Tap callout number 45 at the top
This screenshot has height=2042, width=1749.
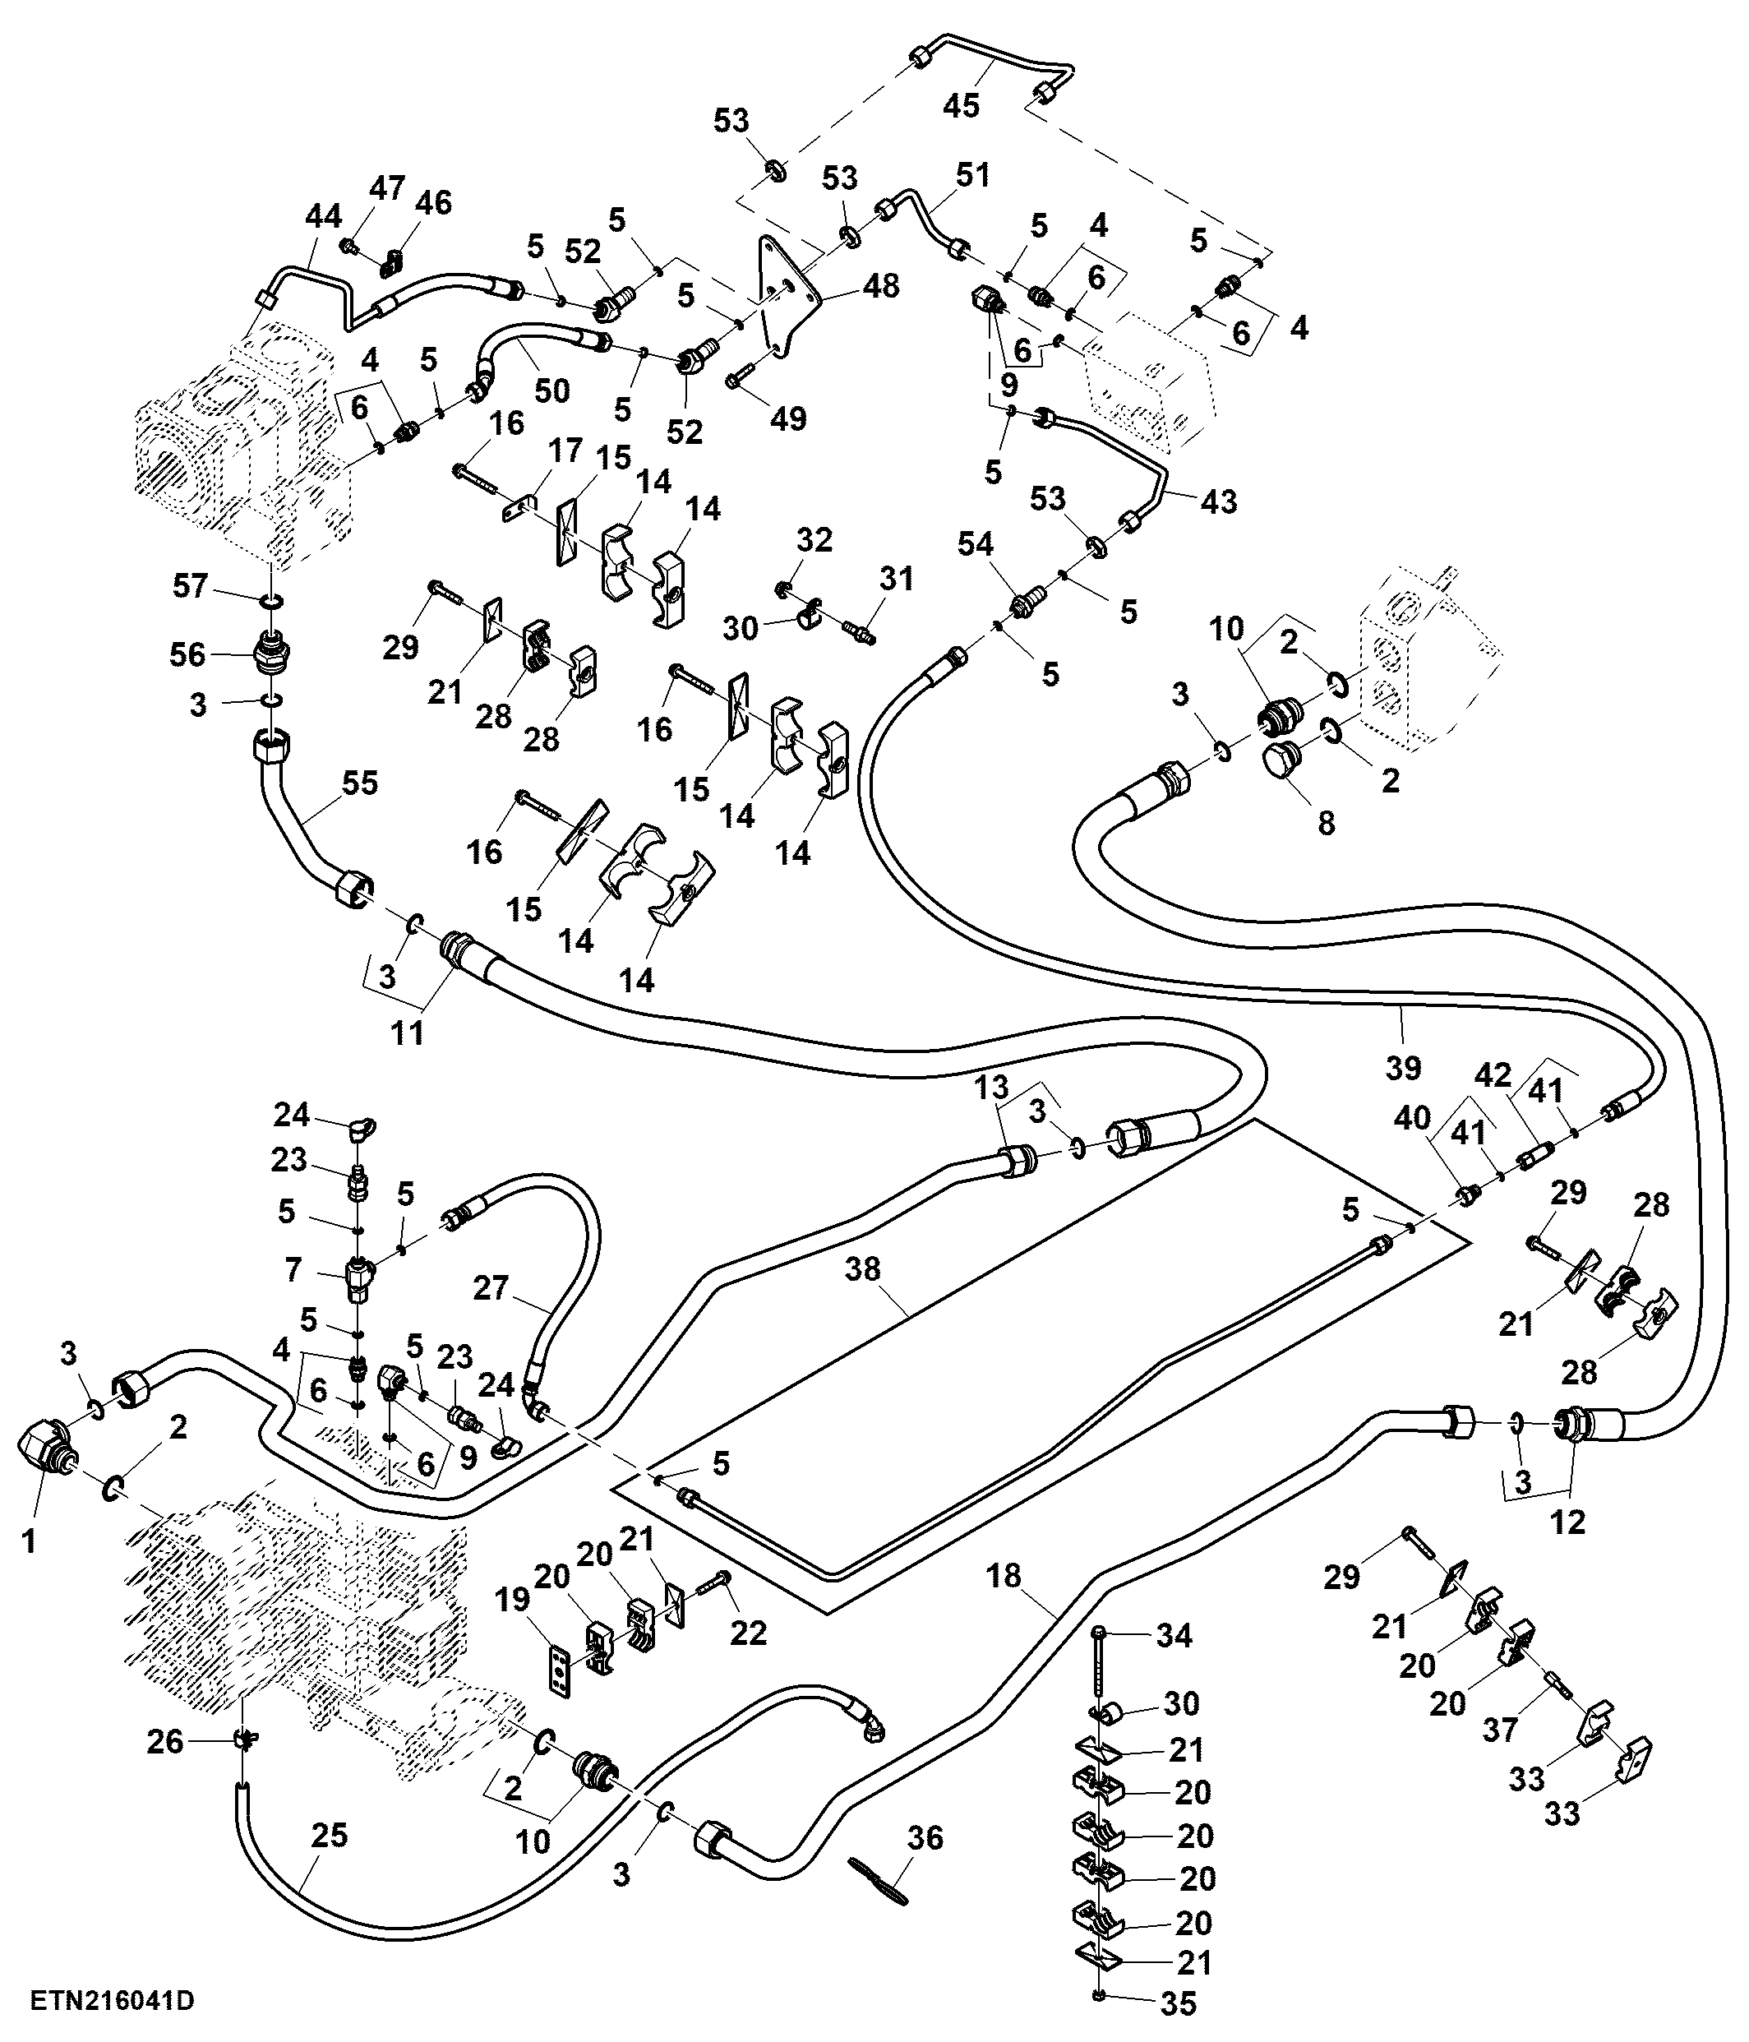[961, 104]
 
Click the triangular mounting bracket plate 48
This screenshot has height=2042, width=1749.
[783, 296]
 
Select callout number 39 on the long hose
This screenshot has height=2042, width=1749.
[1403, 1066]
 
